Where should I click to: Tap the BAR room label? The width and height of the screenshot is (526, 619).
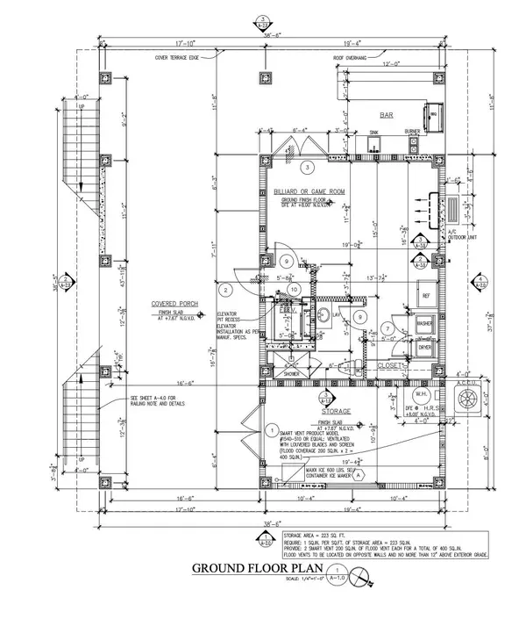click(x=384, y=115)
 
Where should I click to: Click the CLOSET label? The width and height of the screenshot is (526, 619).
click(x=388, y=364)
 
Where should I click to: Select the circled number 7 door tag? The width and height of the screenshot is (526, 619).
click(x=386, y=327)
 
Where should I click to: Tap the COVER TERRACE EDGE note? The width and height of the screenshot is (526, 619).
click(x=178, y=56)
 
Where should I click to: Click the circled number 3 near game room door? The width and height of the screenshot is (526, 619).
click(x=307, y=166)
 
